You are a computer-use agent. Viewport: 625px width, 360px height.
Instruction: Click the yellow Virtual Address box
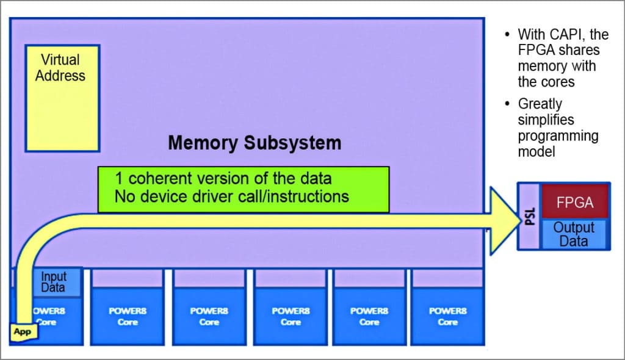point(62,98)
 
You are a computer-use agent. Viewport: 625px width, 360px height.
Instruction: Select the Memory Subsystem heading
point(255,143)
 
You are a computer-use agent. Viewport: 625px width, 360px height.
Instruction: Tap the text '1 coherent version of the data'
point(223,179)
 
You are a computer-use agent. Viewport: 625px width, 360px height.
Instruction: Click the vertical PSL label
point(529,216)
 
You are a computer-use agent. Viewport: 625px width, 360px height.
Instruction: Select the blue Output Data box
point(574,234)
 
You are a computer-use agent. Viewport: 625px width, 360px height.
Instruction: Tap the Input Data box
point(57,283)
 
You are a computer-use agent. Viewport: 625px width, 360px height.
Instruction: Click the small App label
point(22,333)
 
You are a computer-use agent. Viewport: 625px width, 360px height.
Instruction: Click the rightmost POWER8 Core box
point(447,316)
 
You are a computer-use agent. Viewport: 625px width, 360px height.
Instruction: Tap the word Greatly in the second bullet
point(540,104)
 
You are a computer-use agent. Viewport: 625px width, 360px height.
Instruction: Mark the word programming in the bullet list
point(558,135)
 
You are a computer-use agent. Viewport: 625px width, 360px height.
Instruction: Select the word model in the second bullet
point(536,151)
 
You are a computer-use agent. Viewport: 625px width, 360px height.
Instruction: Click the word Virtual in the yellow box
point(60,60)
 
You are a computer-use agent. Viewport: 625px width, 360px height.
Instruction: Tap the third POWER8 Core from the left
point(209,316)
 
